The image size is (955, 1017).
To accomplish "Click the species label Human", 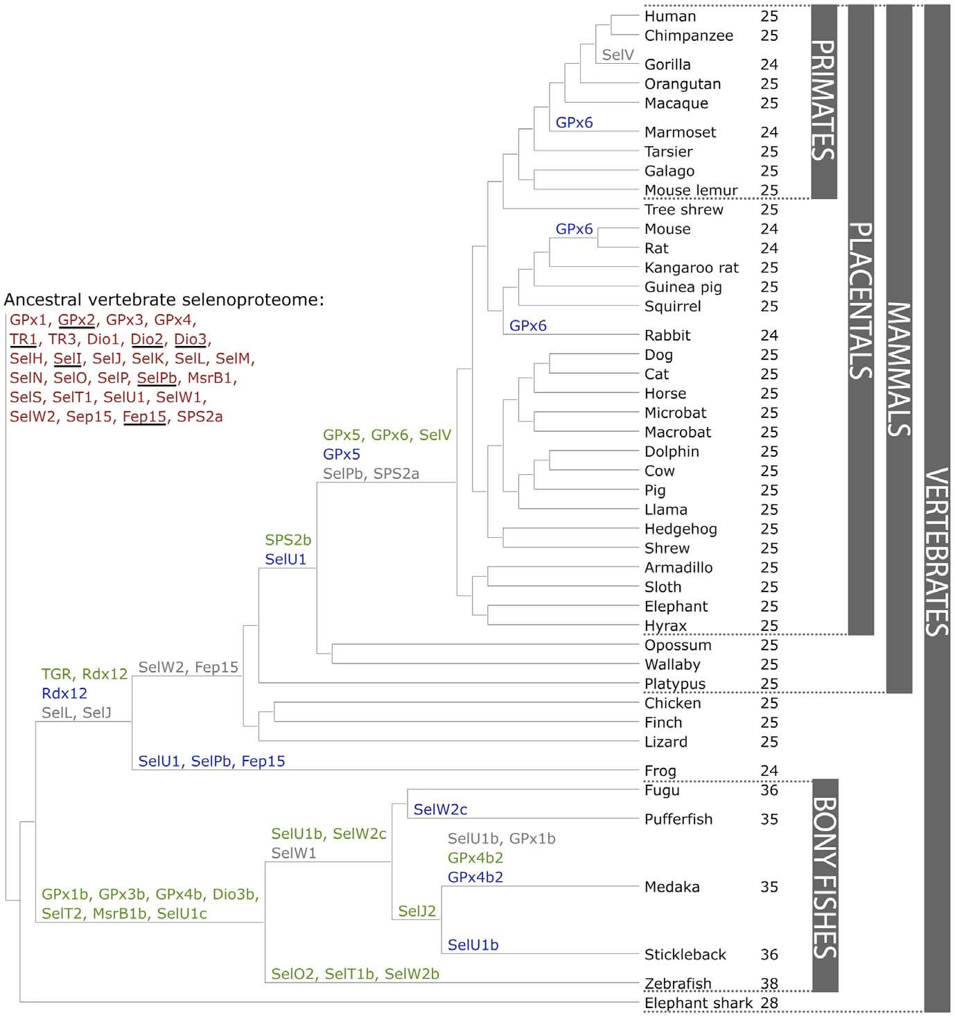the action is [x=669, y=17].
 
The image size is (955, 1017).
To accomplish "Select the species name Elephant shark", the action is [x=699, y=1003].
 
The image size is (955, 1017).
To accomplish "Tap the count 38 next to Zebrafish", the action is [x=769, y=984].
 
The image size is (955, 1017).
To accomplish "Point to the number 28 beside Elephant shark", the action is [x=769, y=1003].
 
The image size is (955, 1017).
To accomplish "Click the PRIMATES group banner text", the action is [x=824, y=101].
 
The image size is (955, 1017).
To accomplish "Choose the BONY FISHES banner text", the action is [x=825, y=878].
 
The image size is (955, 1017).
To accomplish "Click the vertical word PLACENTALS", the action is [x=861, y=301].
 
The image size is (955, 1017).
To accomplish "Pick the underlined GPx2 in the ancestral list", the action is [x=76, y=320].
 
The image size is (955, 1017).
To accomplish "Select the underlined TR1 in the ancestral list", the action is [x=23, y=340].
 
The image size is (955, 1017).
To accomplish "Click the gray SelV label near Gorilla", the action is [x=617, y=55].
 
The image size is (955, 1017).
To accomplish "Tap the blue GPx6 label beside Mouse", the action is [x=574, y=229].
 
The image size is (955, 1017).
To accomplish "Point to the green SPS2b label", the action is [x=288, y=540].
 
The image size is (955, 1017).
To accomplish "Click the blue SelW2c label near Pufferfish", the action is [x=440, y=810].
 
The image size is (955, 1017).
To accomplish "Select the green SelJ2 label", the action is [x=417, y=911].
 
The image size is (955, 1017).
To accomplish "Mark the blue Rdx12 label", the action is [x=64, y=693].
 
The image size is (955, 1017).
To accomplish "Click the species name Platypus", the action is [x=675, y=684].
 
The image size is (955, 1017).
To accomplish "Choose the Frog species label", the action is [x=660, y=771].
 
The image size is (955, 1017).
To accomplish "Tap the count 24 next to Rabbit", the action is [x=769, y=336].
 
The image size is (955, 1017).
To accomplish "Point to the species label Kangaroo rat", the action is [x=691, y=268].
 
